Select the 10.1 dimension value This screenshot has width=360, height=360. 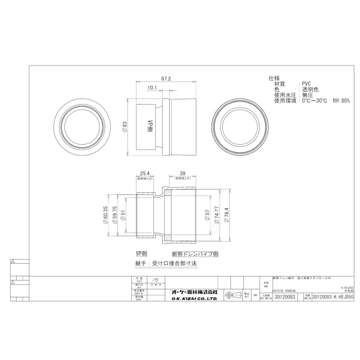[x=151, y=88]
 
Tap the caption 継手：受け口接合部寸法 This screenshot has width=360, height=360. [x=166, y=264]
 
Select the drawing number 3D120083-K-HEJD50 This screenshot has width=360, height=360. [x=334, y=298]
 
